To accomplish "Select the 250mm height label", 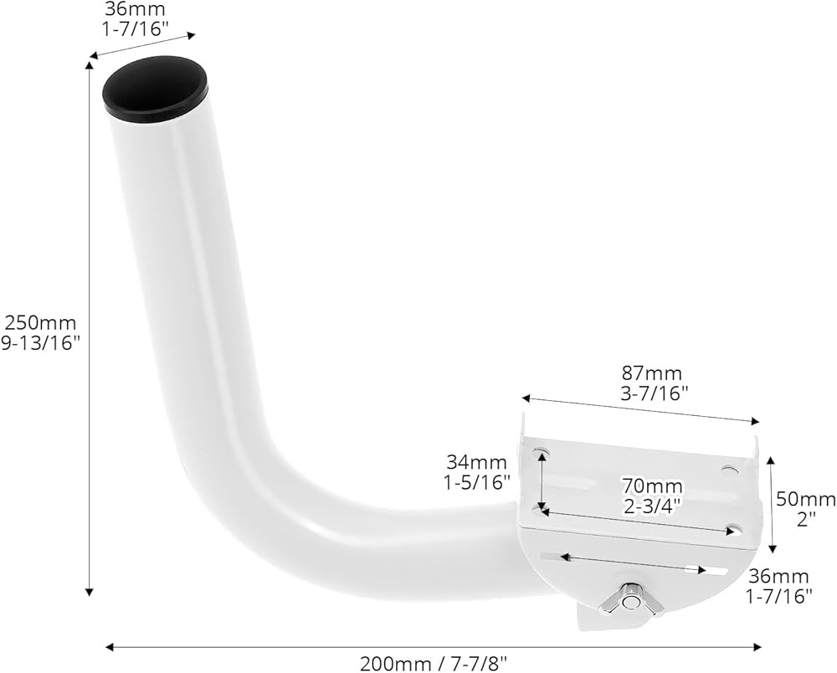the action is click(x=40, y=322).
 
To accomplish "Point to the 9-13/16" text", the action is click(x=40, y=343).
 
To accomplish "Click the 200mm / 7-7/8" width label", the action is click(x=434, y=665).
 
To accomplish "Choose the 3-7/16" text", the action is click(x=654, y=393).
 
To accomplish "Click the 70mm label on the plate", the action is click(x=652, y=485).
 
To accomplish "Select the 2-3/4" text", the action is click(x=653, y=506).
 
